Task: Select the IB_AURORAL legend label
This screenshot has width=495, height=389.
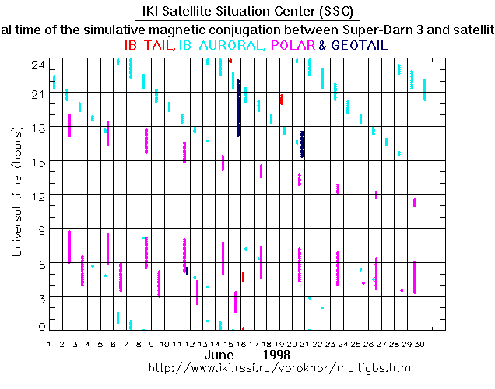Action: click(x=224, y=46)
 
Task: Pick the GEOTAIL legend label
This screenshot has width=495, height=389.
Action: click(x=360, y=46)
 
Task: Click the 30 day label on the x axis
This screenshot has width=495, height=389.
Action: click(x=420, y=343)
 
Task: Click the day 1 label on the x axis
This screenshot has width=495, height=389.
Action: click(x=50, y=343)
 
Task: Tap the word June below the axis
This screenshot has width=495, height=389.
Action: click(x=219, y=355)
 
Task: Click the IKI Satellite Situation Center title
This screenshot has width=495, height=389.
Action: click(x=247, y=12)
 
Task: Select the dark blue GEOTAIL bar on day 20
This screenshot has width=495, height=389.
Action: click(x=302, y=144)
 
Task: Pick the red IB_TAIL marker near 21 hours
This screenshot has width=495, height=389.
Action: click(x=281, y=99)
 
